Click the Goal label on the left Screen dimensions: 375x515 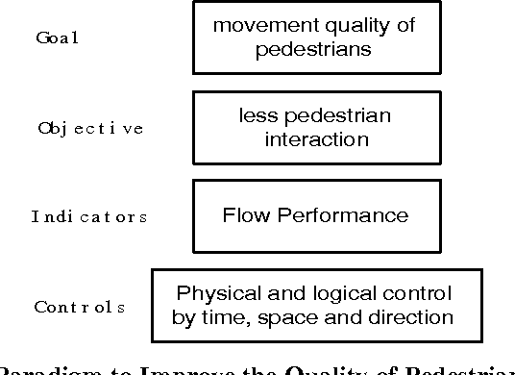56,37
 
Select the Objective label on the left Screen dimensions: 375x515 90,128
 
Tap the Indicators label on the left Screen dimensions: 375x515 88,216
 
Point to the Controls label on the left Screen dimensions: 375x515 80,307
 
